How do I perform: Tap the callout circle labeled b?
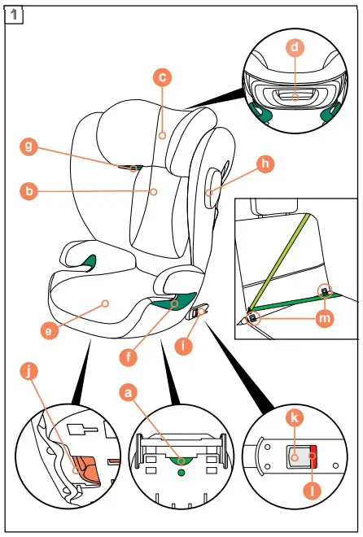pos(29,192)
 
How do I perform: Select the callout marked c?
pos(163,77)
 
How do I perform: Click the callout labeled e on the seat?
pos(51,330)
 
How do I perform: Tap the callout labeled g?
pos(29,146)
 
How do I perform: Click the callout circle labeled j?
pos(29,372)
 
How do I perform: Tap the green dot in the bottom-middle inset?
pos(181,471)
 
